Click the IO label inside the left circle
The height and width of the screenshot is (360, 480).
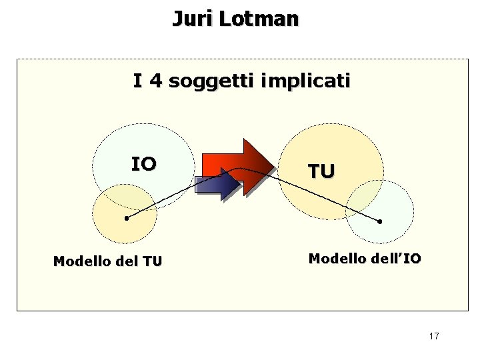tap(143, 164)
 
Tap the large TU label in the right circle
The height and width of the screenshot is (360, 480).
tap(321, 171)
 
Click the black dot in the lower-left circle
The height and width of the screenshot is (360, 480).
tap(126, 218)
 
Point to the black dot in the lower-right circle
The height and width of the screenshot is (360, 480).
tap(380, 221)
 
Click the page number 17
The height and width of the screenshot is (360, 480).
tap(434, 336)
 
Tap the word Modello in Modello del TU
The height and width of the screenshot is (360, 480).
tap(82, 261)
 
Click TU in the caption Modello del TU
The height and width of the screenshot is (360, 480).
tap(152, 261)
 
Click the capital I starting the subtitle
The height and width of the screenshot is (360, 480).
tap(137, 81)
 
